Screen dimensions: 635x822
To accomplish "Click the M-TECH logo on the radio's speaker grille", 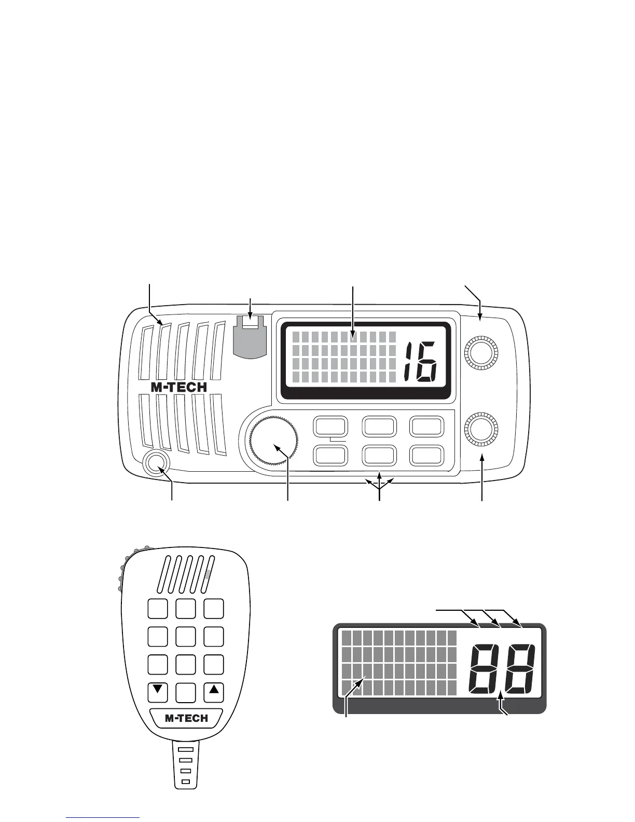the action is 178,387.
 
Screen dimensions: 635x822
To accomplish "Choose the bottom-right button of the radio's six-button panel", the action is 427,455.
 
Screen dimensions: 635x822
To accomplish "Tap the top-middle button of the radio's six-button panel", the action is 379,427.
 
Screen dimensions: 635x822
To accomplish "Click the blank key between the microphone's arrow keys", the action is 186,691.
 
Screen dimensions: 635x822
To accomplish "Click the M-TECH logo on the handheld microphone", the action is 186,719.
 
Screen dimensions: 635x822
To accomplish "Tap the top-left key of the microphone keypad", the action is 158,609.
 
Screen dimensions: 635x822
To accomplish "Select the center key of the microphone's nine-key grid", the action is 186,636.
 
